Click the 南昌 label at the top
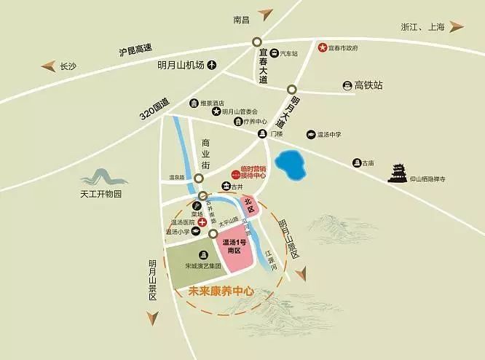242,20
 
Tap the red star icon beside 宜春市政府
321,48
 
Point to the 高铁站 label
368,85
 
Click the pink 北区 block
248,203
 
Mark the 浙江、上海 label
423,27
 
